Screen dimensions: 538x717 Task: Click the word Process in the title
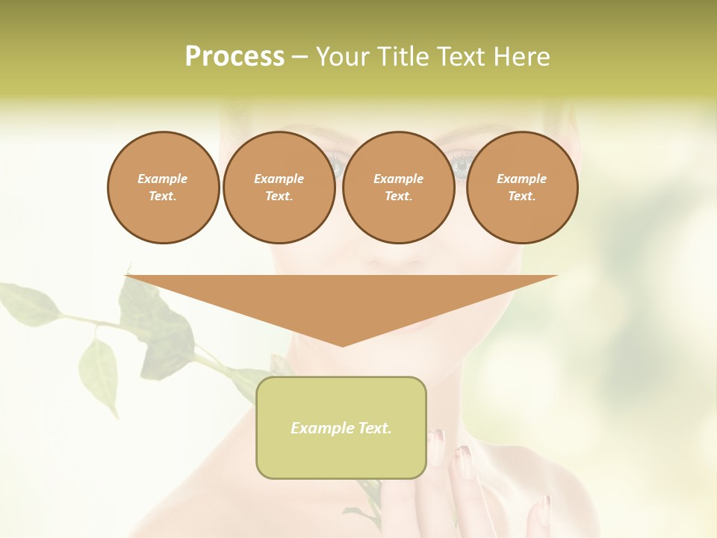[x=235, y=57]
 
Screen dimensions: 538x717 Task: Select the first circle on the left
[x=163, y=188]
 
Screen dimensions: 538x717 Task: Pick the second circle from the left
[x=279, y=188]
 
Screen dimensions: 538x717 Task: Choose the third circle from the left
[x=398, y=188]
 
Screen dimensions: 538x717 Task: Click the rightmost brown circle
[x=522, y=188]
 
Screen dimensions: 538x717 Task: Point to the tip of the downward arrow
[x=342, y=345]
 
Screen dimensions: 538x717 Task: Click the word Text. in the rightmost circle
[x=521, y=197]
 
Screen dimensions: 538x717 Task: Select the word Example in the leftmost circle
[x=163, y=179]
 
